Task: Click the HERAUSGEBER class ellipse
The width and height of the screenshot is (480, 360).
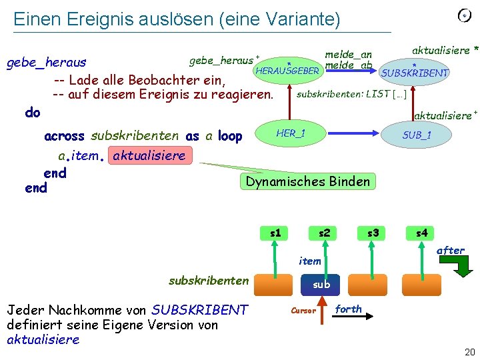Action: click(287, 69)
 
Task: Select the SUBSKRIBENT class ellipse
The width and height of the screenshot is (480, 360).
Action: click(414, 72)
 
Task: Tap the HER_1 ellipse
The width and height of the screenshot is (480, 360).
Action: click(291, 134)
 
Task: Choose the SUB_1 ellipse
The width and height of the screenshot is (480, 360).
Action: click(417, 135)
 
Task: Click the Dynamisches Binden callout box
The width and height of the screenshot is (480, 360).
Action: click(307, 181)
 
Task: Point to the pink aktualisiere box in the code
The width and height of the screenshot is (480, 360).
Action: click(149, 156)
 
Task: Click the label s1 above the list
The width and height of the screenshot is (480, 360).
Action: click(275, 233)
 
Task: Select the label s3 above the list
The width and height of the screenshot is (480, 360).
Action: click(373, 233)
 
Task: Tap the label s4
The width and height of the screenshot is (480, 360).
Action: click(422, 233)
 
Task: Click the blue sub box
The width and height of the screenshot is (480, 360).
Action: click(321, 284)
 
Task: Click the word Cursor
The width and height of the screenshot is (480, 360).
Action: click(303, 310)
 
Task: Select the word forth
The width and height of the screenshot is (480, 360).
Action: click(348, 309)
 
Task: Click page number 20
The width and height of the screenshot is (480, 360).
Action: click(469, 352)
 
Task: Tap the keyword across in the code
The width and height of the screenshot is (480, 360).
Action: click(64, 136)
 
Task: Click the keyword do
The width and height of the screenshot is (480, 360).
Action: click(32, 113)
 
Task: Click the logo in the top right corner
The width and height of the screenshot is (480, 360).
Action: click(465, 15)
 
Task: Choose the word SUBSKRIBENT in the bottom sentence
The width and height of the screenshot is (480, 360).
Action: click(200, 310)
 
